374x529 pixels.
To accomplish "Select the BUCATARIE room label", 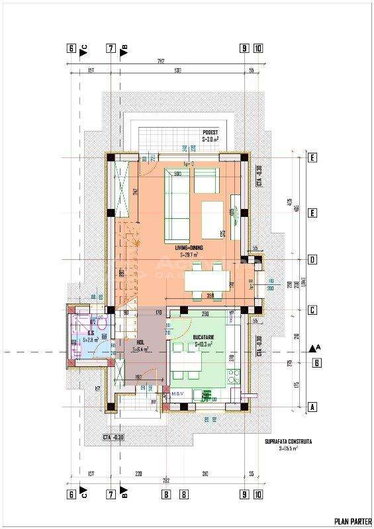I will coord(203,340).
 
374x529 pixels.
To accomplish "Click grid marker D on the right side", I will coord(310,259).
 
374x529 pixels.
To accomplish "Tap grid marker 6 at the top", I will coord(70,48).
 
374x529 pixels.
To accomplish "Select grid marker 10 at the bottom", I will coord(257,493).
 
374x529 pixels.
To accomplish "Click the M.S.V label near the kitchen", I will coord(177,395).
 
